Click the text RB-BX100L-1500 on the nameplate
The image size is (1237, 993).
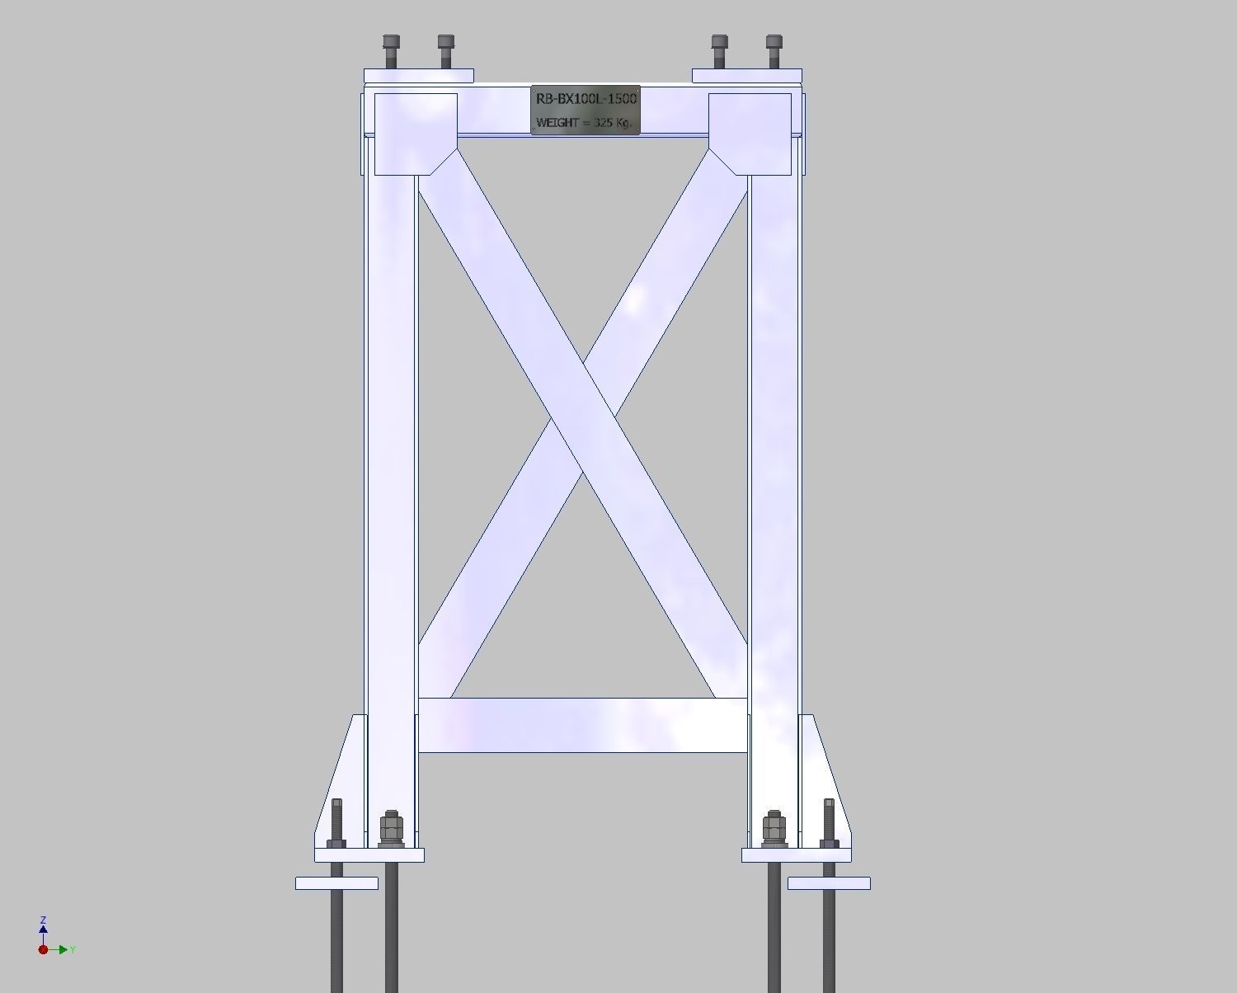(586, 98)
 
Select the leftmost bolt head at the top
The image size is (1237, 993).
(391, 41)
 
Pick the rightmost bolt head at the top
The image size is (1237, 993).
(774, 41)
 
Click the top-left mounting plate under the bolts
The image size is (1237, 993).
(419, 76)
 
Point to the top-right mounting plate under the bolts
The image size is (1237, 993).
(746, 76)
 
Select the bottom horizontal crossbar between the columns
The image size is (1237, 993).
(582, 725)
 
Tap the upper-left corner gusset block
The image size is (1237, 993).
(415, 132)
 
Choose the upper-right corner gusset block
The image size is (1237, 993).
(750, 132)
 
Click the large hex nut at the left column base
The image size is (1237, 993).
(391, 828)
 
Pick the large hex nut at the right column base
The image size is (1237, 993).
(774, 828)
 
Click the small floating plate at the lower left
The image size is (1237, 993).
(336, 883)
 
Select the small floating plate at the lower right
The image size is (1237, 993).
(829, 883)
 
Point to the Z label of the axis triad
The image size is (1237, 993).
(43, 920)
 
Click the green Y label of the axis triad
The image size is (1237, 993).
(73, 950)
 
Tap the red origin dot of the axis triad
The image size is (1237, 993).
(43, 949)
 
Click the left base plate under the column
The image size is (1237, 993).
(369, 855)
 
